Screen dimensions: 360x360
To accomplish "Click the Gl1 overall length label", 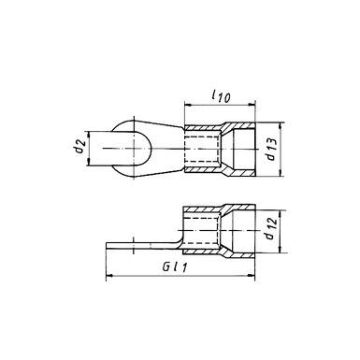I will click(172, 267).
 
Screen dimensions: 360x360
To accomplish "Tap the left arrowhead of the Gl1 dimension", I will click(106, 276).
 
